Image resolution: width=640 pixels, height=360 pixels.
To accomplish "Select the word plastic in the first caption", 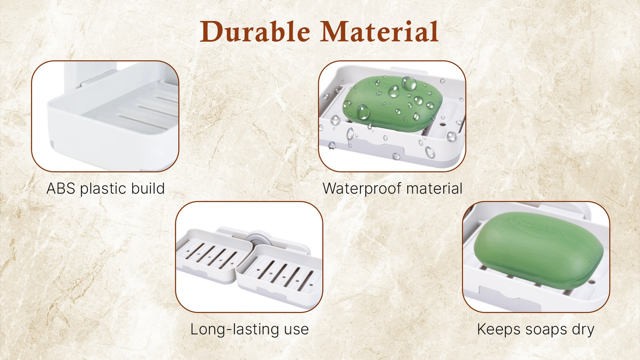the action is click(103, 189).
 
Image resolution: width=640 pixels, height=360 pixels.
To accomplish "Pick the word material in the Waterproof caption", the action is click(434, 188).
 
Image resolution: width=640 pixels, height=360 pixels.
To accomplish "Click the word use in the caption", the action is click(296, 331).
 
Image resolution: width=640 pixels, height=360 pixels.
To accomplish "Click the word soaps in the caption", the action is click(546, 331).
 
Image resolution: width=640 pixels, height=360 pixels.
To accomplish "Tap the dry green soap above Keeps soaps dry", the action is click(539, 249).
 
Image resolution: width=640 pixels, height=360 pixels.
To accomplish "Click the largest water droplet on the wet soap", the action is click(409, 83).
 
